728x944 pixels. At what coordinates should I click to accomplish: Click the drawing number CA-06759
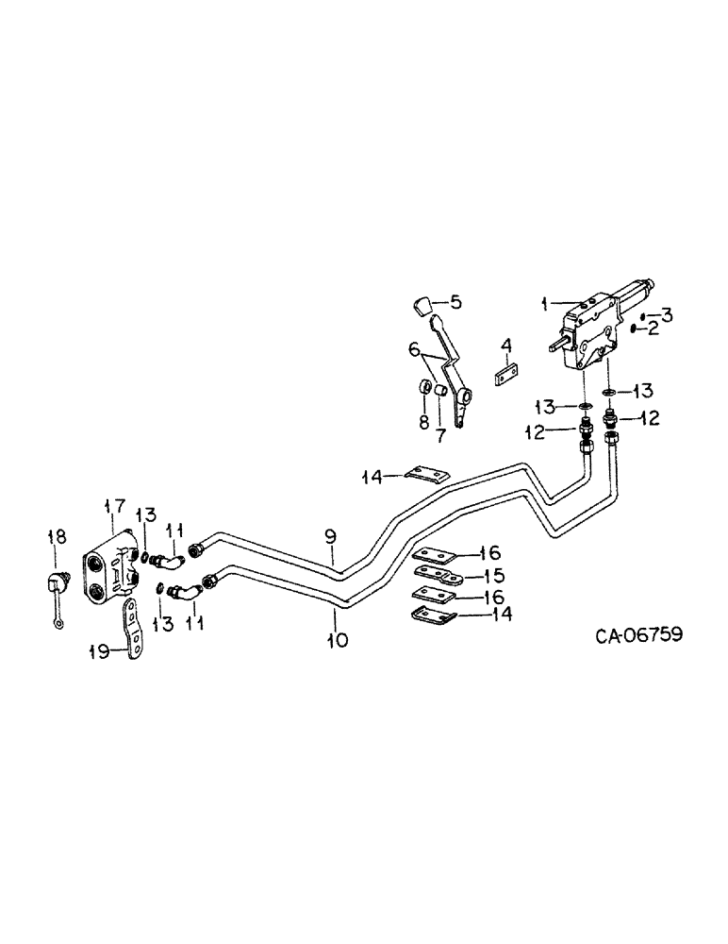click(x=638, y=635)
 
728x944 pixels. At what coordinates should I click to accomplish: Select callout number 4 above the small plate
click(x=505, y=347)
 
